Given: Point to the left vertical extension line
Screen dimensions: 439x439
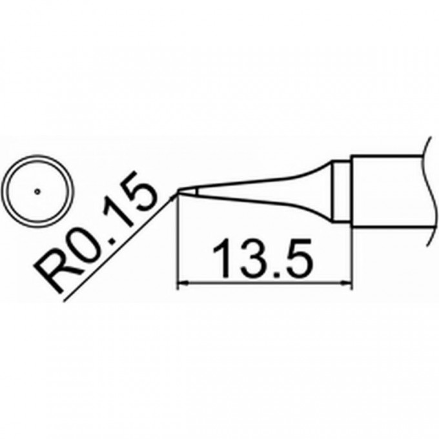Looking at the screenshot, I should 177,245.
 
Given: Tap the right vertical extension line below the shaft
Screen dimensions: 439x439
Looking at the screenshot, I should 352,258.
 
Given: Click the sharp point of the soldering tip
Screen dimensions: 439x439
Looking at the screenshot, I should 178,192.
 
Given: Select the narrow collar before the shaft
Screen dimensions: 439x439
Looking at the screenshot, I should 342,190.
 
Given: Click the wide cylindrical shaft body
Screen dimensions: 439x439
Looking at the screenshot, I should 387,190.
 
